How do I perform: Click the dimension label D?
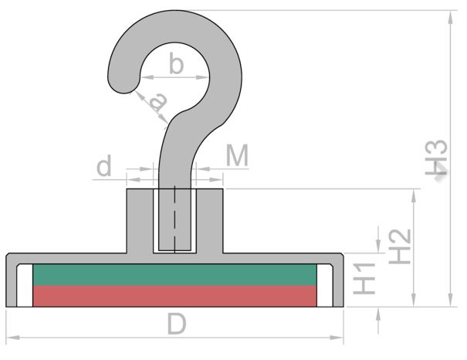click(x=177, y=324)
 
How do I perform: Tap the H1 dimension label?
click(x=364, y=279)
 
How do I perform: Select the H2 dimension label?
click(x=400, y=246)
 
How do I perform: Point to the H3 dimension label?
click(x=436, y=157)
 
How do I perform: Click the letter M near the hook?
click(x=237, y=155)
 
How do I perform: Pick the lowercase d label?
click(x=104, y=165)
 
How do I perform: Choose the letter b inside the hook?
click(x=176, y=63)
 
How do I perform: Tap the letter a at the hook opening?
click(x=158, y=101)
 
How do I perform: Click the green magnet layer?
click(x=174, y=275)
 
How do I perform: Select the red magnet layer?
click(x=174, y=296)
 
